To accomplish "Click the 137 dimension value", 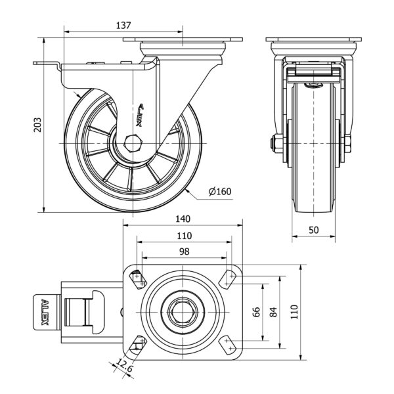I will pos(123,26).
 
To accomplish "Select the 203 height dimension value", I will pos(37,125).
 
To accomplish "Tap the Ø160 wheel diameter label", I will pos(220,192).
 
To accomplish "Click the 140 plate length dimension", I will pos(183,219).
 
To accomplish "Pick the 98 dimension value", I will pos(183,252).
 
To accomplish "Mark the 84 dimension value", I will pos(275,312).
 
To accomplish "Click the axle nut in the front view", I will pos(273,143).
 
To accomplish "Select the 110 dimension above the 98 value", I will pos(183,236).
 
